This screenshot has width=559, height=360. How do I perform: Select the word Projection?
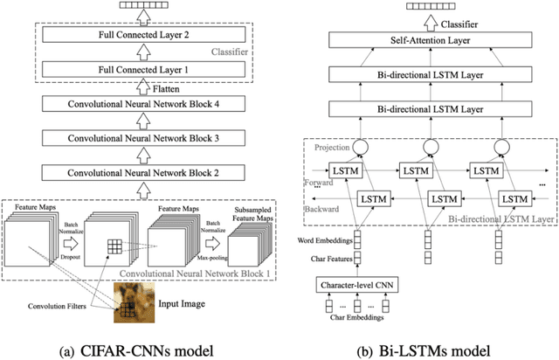(x=332, y=148)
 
